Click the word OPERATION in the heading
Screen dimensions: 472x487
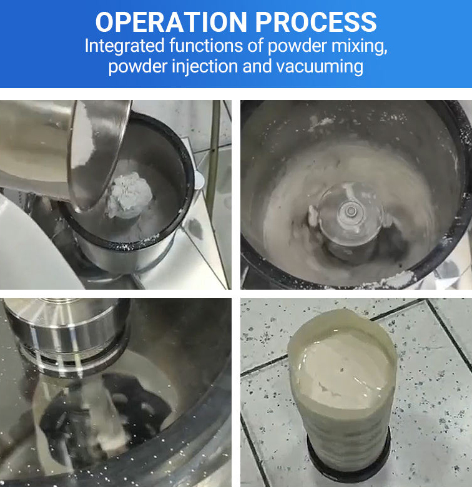[x=171, y=22]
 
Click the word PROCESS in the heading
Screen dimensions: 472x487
[x=316, y=22]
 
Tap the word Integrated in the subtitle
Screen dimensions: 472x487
[x=124, y=47]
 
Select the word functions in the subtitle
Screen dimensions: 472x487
[x=206, y=46]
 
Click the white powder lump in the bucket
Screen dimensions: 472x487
[x=129, y=195]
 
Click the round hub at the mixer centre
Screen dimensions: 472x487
[x=352, y=211]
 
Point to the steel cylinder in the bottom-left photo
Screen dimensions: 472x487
[x=67, y=328]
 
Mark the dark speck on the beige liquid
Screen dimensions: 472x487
[x=342, y=370]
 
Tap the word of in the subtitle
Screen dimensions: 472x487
[x=255, y=46]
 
